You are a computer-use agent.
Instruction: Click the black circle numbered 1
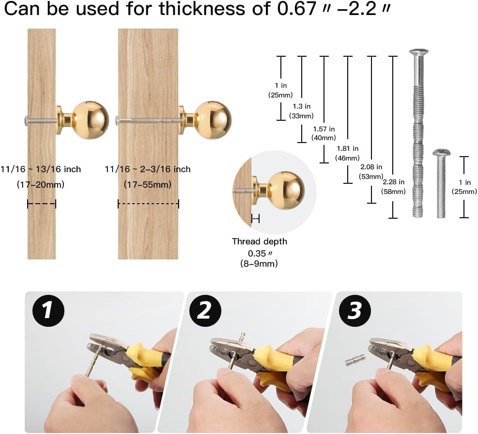[48, 311]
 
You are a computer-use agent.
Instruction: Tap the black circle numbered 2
[205, 311]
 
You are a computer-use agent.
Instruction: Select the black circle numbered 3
[355, 311]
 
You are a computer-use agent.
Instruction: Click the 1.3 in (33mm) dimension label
[301, 111]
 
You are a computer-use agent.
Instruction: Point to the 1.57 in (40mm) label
[324, 133]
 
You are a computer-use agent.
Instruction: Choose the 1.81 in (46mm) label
[347, 153]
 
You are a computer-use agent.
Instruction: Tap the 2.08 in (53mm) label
[371, 172]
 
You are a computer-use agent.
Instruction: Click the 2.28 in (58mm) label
[393, 187]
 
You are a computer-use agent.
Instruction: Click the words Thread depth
[260, 241]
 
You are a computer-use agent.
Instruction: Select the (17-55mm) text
[148, 185]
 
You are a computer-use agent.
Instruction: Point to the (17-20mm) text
[41, 185]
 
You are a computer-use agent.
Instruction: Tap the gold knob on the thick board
[205, 120]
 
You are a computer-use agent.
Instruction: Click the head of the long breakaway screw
[418, 53]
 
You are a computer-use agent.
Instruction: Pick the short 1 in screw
[441, 183]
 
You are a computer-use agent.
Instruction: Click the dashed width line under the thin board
[42, 204]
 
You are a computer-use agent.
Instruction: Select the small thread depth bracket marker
[255, 219]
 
